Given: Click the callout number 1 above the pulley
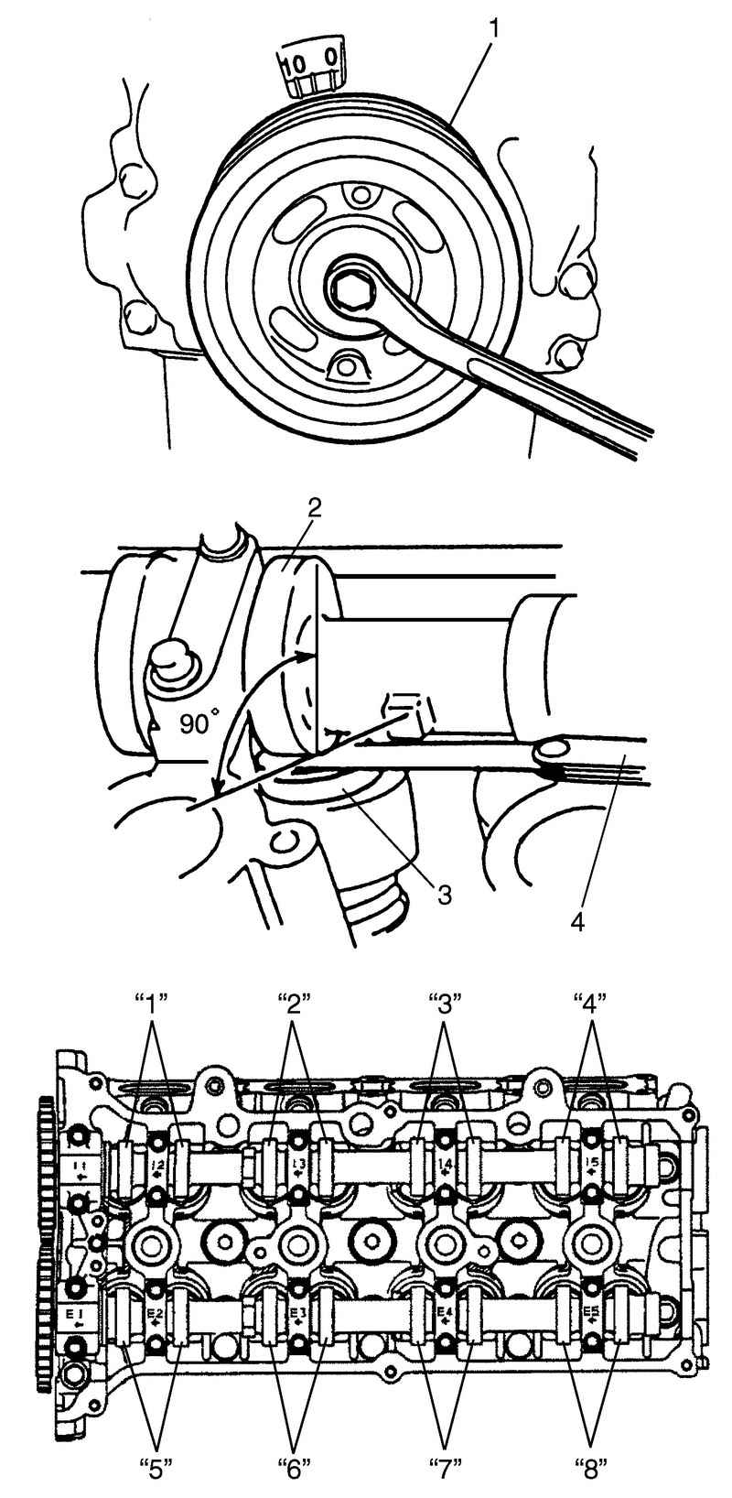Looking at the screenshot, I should coord(493,28).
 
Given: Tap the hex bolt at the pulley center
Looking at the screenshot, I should coord(350,289).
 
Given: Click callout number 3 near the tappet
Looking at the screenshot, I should coord(444,892).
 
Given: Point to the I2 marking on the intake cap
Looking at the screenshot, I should coord(157,1167).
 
